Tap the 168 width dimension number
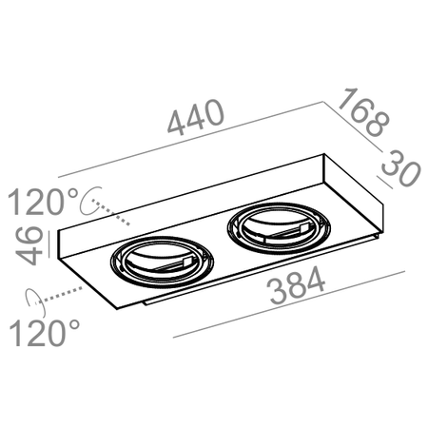(x=363, y=112)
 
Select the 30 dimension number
(x=401, y=168)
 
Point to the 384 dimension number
(x=297, y=285)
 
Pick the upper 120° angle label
(x=43, y=202)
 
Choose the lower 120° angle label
(x=45, y=333)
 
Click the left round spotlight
(x=162, y=262)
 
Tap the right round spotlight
(x=279, y=228)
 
